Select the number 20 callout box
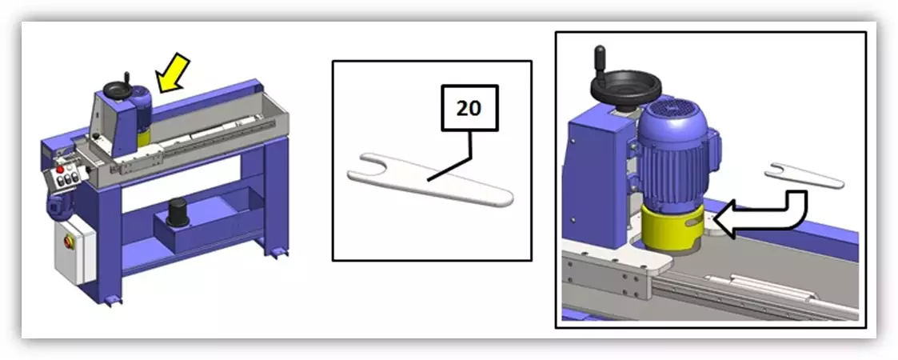coord(469,109)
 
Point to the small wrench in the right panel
coord(804,174)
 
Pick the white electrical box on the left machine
coord(74,252)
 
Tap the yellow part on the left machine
coord(142,138)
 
